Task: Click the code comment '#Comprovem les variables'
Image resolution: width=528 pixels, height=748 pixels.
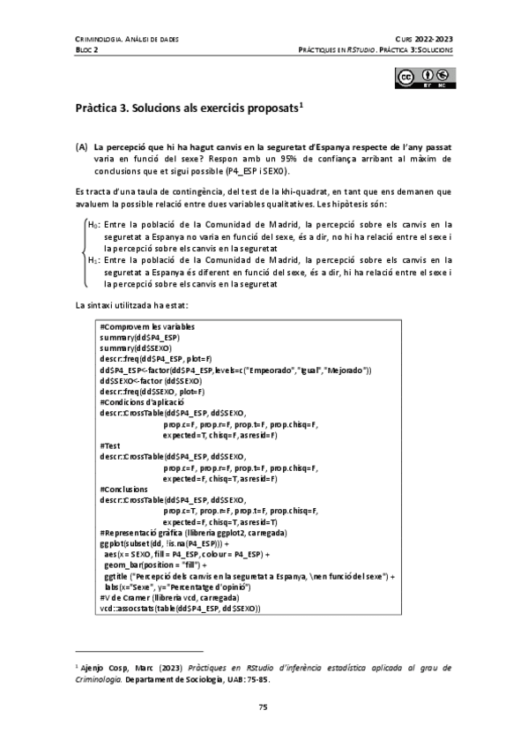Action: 147,328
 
